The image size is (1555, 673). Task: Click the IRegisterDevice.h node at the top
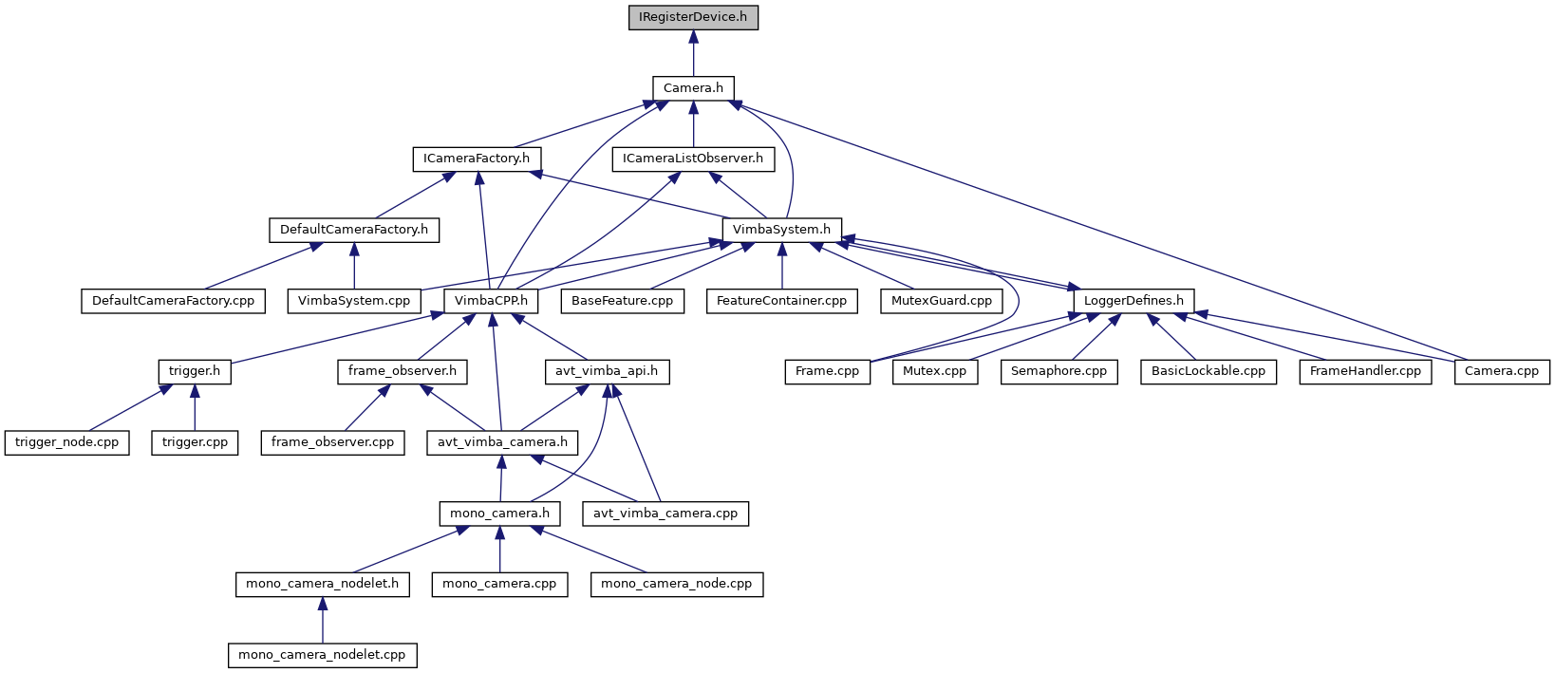pos(693,17)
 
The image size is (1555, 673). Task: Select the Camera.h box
pos(693,88)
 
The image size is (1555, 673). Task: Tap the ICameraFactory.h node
pos(477,159)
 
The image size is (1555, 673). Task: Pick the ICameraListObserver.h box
pos(693,159)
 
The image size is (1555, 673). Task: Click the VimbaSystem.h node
pos(781,230)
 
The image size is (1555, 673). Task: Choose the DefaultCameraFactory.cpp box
pos(173,301)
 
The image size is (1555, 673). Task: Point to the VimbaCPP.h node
pos(491,301)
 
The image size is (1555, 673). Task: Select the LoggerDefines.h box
pos(1133,301)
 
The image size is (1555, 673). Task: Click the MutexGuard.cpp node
pos(941,301)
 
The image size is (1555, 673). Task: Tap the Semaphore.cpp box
pos(1059,371)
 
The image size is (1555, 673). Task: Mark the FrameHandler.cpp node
pos(1365,371)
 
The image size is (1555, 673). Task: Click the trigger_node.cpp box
pos(66,442)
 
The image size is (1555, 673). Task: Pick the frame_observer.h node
pos(402,371)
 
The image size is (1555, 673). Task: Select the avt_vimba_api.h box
pos(607,371)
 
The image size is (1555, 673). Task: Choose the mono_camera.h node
pos(499,514)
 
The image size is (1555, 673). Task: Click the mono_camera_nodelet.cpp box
pos(322,655)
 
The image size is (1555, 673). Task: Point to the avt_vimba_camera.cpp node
pos(665,514)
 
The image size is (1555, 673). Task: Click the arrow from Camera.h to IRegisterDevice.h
pos(693,53)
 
